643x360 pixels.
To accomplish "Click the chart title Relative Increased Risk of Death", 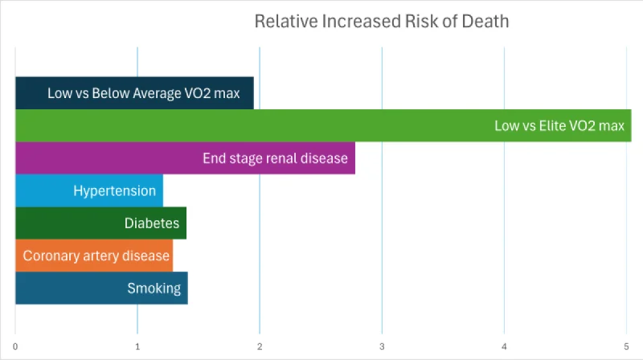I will point(381,22).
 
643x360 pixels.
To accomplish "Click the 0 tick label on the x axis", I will point(15,346).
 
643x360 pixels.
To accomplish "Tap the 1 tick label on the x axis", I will point(137,346).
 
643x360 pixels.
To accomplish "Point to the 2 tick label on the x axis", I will point(260,346).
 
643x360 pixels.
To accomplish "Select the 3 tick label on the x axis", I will point(382,346).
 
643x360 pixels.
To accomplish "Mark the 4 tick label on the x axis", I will point(504,346).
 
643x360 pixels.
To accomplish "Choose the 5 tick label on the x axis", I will point(626,346).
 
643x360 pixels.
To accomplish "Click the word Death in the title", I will point(485,22).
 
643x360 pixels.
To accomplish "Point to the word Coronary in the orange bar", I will point(50,256).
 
